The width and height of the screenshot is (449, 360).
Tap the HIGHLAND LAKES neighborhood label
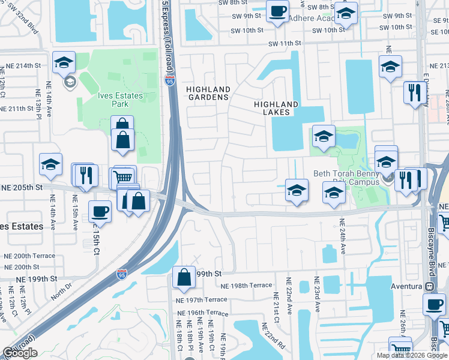tap(276, 108)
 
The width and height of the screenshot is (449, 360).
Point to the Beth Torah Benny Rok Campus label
tap(346, 178)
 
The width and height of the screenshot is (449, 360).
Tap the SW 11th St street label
tap(284, 44)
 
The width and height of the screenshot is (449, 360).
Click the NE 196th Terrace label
tap(202, 313)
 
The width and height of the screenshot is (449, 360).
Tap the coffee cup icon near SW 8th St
tap(278, 11)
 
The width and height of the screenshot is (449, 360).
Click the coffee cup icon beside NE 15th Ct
tap(100, 211)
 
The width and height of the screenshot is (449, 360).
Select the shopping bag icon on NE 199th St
tap(184, 277)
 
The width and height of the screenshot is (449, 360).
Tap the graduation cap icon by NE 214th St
tap(63, 62)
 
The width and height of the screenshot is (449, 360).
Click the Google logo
tap(19, 353)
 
